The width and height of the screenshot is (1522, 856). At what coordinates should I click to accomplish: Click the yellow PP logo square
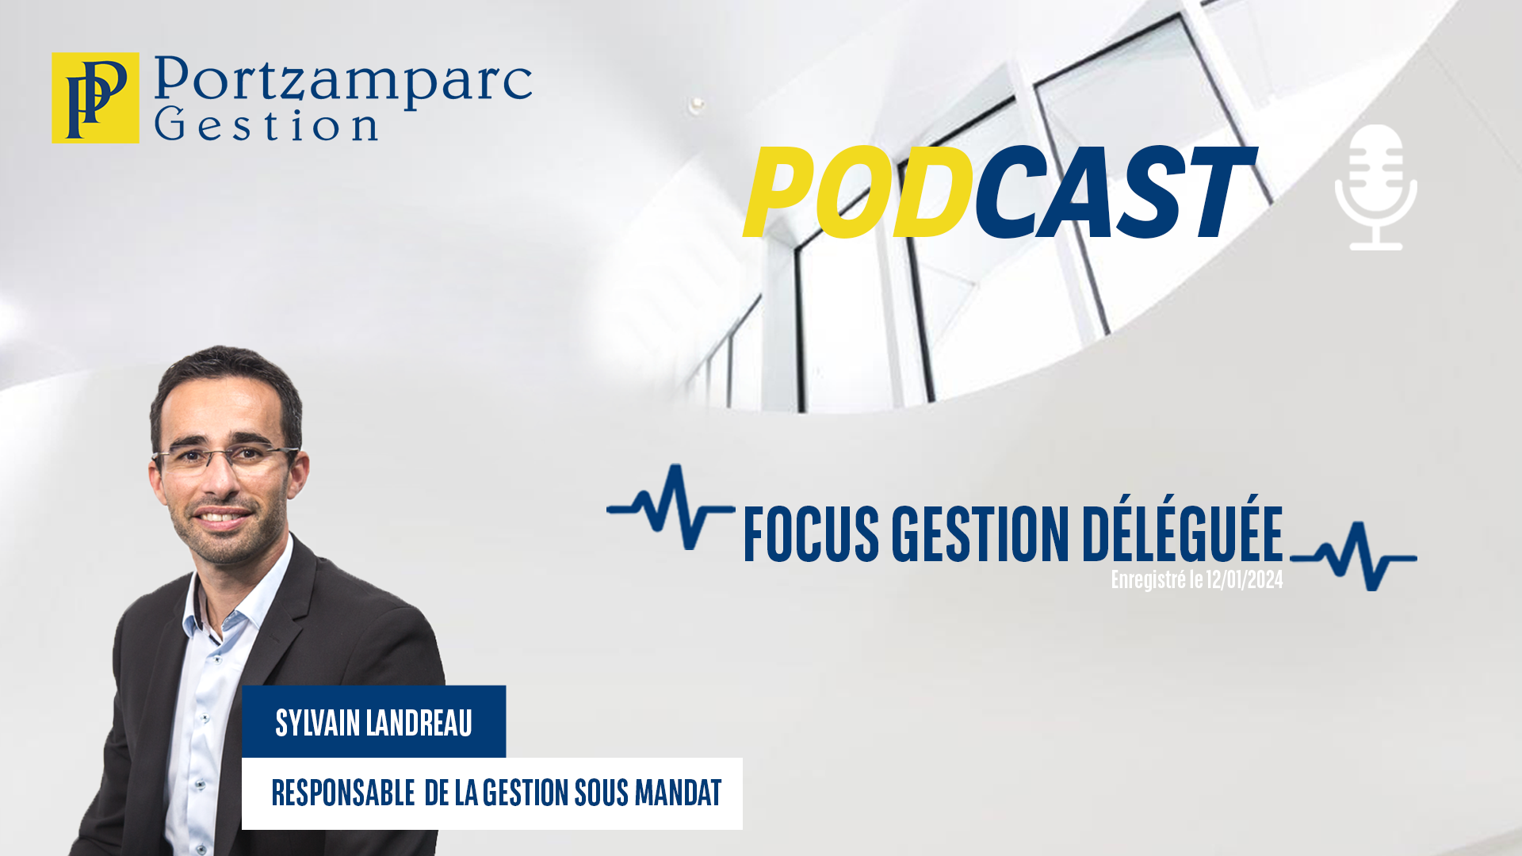point(95,98)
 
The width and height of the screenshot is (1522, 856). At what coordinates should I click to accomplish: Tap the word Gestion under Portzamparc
point(266,124)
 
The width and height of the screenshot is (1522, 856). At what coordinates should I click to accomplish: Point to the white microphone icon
point(1376,187)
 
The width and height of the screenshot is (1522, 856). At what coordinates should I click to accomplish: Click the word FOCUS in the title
point(812,533)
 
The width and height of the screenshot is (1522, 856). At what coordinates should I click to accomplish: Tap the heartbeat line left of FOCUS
point(671,507)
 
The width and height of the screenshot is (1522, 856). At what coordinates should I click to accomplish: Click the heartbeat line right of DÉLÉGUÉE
point(1354,556)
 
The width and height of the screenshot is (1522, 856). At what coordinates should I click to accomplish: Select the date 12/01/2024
point(1245,580)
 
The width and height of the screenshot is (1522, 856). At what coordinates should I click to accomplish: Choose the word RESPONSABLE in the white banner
point(343,793)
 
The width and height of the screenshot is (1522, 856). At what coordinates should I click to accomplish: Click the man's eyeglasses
point(226,457)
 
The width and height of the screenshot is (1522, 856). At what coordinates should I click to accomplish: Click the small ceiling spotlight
point(697,104)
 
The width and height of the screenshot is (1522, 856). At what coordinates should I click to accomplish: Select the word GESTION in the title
point(981,533)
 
